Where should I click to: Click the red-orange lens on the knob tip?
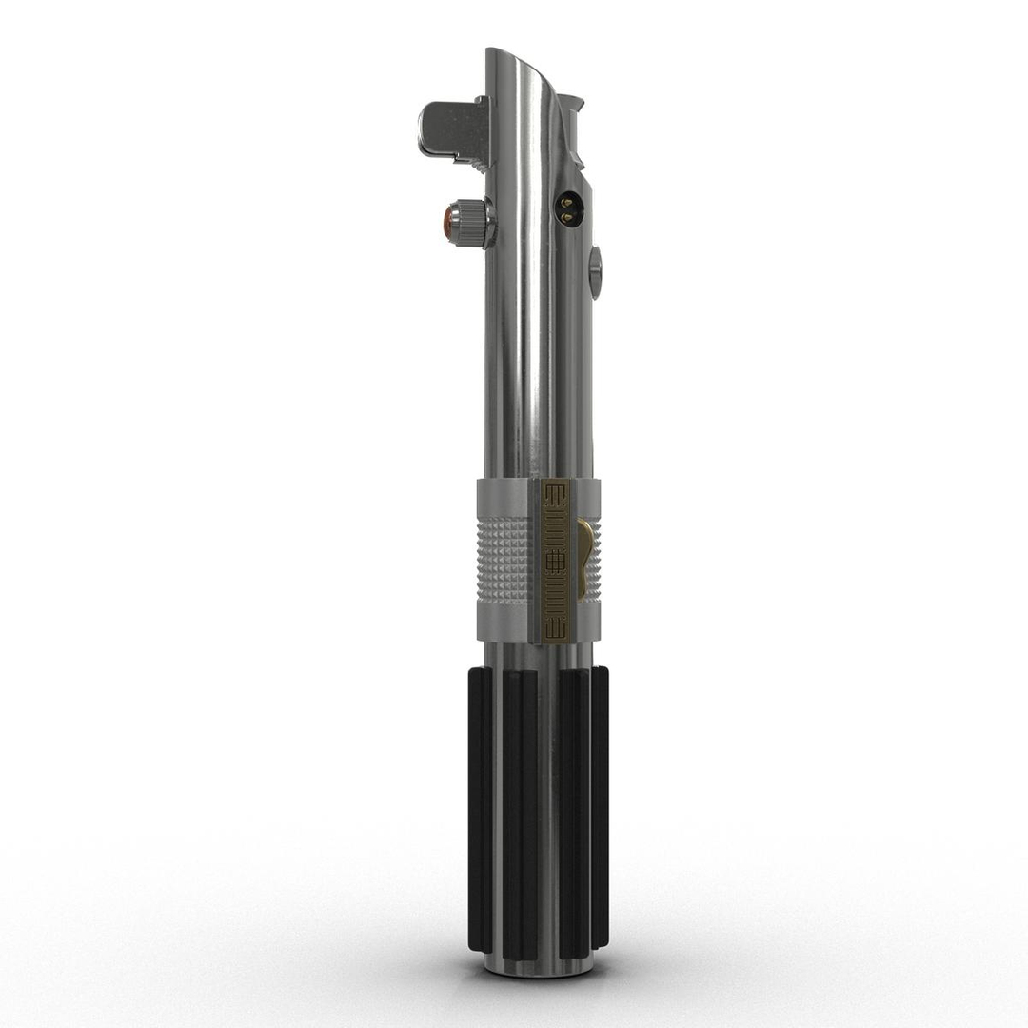pos(449,223)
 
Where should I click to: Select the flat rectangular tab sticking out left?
pos(444,128)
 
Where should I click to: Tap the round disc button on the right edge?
pos(595,270)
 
